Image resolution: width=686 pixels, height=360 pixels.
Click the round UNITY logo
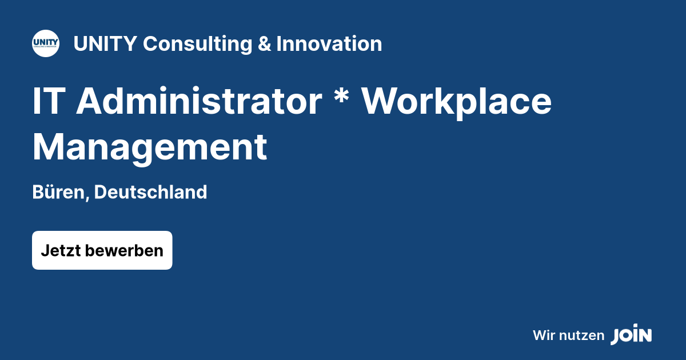click(46, 43)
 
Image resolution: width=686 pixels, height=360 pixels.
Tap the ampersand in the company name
click(264, 44)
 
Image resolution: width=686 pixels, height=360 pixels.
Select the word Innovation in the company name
click(329, 44)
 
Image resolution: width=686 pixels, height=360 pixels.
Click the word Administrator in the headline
click(199, 101)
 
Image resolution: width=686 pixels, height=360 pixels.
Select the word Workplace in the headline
click(457, 101)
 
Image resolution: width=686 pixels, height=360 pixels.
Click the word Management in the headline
click(150, 147)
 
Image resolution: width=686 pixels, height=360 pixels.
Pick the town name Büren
click(58, 193)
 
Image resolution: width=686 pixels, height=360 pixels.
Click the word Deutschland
click(150, 193)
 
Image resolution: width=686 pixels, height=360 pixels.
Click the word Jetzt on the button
click(60, 250)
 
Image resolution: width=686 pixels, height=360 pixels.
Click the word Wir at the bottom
click(544, 335)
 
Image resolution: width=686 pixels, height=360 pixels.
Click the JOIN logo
click(631, 335)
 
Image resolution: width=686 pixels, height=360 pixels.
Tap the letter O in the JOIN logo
click(625, 336)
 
